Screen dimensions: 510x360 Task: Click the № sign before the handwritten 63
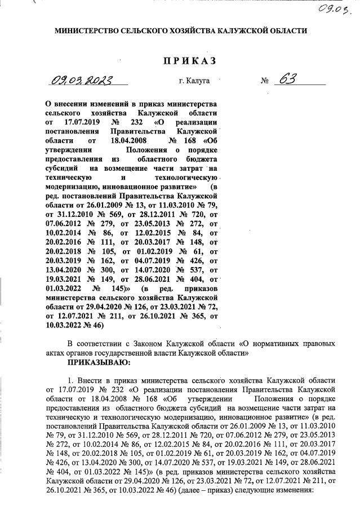point(265,81)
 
